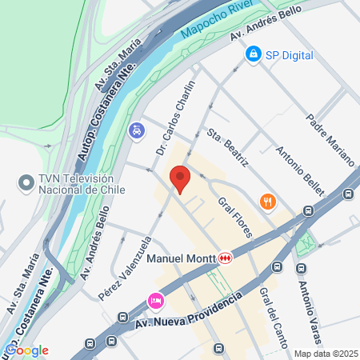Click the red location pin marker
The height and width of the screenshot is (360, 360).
(179, 178)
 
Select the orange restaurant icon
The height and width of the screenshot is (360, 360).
(268, 202)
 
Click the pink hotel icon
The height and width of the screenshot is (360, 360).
(155, 302)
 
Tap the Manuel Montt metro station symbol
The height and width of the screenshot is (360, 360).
(227, 258)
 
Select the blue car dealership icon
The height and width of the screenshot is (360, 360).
(138, 129)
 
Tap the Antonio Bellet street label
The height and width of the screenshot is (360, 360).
(300, 170)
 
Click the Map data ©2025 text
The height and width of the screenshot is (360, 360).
(324, 354)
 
